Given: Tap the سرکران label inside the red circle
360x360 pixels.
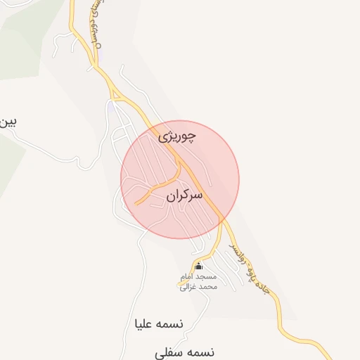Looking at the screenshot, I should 186,195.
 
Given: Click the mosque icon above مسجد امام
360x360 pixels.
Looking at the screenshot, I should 198,266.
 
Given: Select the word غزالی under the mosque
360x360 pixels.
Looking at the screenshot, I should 190,287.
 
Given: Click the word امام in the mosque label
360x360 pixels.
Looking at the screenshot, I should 209,277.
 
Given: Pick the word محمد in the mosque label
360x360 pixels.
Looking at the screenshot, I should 210,287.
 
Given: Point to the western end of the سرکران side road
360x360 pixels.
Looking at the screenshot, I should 136,204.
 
